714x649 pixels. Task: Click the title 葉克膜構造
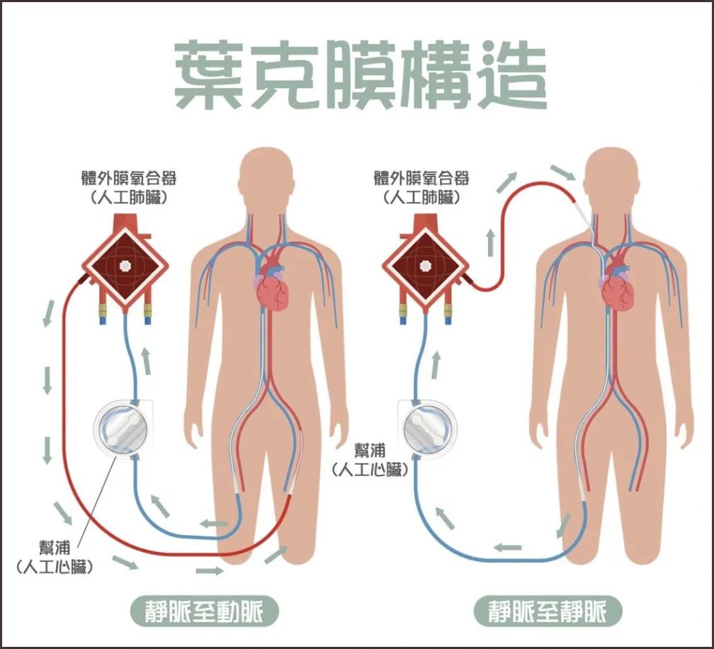click(360, 74)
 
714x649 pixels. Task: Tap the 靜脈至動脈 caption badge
click(204, 611)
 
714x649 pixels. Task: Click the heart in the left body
click(272, 286)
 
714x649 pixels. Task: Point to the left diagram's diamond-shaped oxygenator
click(125, 266)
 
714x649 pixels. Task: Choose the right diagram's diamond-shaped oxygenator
click(425, 266)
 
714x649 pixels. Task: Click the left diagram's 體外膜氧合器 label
click(129, 178)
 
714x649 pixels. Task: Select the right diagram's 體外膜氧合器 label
click(421, 178)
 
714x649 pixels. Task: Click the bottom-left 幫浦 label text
click(55, 548)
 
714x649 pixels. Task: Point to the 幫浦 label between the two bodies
click(370, 451)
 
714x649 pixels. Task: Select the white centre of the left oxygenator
click(125, 266)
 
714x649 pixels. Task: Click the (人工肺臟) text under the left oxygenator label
click(129, 198)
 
